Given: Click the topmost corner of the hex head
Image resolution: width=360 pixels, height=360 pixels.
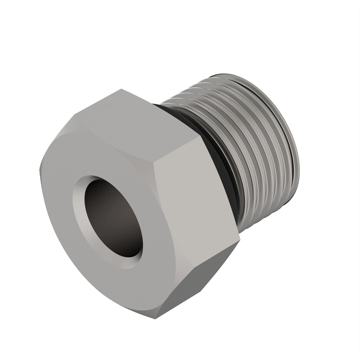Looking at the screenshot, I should pos(121,89).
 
